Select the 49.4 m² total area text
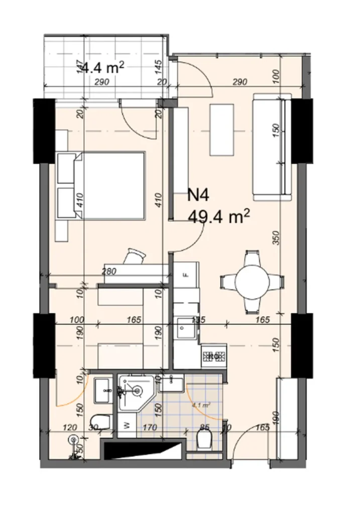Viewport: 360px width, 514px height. click(219, 217)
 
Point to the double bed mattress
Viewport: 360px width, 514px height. click(113, 185)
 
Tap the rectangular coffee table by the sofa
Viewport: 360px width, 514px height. click(222, 130)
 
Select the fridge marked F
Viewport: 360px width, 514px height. click(186, 276)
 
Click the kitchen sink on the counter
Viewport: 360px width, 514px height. click(186, 329)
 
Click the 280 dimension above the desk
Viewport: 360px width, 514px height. click(109, 272)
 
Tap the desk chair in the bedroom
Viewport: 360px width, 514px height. click(136, 256)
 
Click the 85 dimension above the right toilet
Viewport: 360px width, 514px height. click(204, 428)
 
